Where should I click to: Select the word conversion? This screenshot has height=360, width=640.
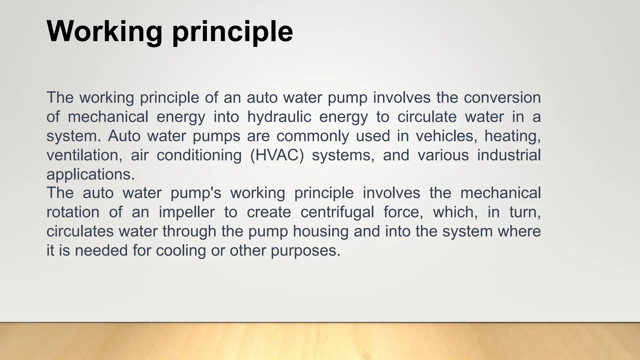pyautogui.click(x=502, y=97)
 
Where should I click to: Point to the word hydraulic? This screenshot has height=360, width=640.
pyautogui.click(x=279, y=117)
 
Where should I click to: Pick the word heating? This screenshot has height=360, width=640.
pyautogui.click(x=512, y=136)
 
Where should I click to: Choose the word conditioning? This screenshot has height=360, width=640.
pyautogui.click(x=199, y=155)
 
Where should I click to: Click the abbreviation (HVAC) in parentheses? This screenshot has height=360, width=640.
pyautogui.click(x=277, y=155)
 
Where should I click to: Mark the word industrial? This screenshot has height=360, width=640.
pyautogui.click(x=509, y=155)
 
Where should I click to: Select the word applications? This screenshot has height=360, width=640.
pyautogui.click(x=91, y=174)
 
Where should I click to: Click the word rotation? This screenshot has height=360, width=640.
pyautogui.click(x=73, y=212)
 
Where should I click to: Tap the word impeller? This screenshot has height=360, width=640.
pyautogui.click(x=187, y=212)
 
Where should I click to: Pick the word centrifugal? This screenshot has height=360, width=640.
pyautogui.click(x=337, y=212)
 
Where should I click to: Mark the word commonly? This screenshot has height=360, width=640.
pyautogui.click(x=312, y=136)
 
